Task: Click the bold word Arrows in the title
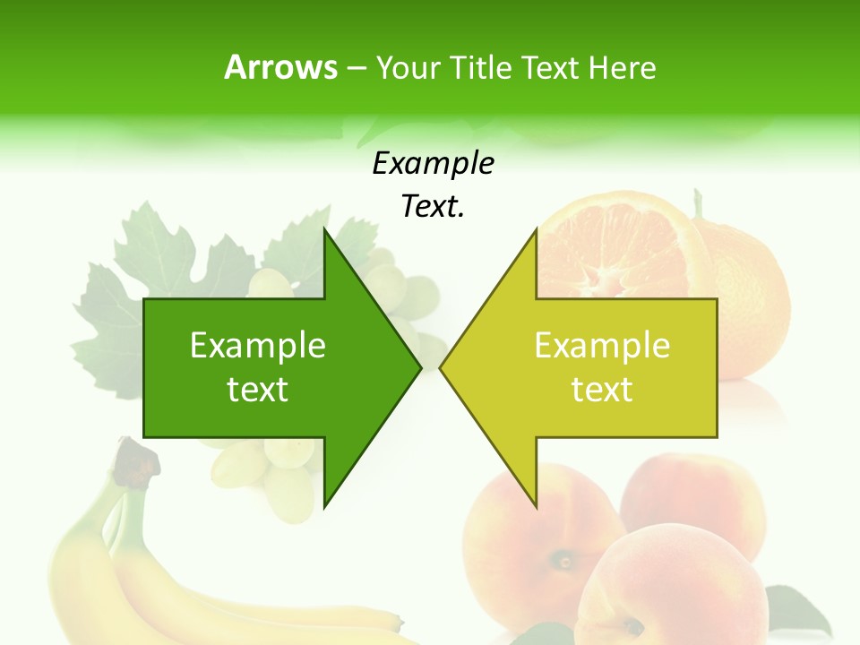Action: [281, 67]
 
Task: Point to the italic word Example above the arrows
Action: [433, 164]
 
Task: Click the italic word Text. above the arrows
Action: [433, 207]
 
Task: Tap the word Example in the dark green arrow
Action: [258, 346]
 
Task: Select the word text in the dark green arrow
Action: [258, 390]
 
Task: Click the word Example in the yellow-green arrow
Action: [602, 346]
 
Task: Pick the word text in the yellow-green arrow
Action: [602, 390]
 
